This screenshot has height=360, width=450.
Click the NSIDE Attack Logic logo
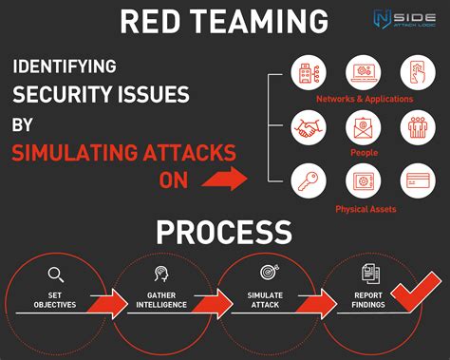click(x=401, y=20)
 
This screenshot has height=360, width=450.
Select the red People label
click(x=365, y=152)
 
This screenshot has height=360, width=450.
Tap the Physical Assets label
click(x=365, y=207)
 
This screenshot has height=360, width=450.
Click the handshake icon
click(x=309, y=126)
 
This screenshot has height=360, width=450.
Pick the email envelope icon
click(x=365, y=126)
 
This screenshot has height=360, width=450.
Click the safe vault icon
click(x=365, y=180)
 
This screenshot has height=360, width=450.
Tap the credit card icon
click(x=420, y=180)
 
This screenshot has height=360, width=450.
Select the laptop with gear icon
click(x=365, y=71)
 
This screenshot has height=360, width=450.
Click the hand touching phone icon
click(x=420, y=71)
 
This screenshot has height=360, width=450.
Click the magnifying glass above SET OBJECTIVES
click(x=55, y=275)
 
